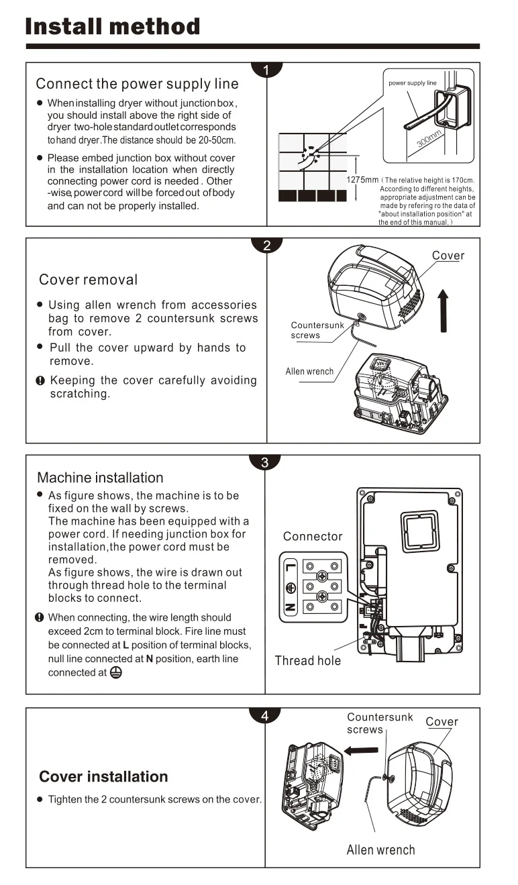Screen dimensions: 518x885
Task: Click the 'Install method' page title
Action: click(x=113, y=26)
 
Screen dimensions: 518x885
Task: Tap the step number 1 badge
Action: click(x=266, y=70)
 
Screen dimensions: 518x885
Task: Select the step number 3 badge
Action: click(x=265, y=462)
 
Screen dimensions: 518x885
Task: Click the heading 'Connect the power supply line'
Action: click(x=137, y=84)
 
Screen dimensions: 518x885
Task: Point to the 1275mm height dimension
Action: click(x=362, y=180)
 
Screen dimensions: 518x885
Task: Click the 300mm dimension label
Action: click(x=429, y=138)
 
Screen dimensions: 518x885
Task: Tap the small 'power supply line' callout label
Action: click(x=413, y=83)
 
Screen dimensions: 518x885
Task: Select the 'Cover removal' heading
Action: click(x=88, y=280)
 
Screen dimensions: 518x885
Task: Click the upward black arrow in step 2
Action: click(x=444, y=311)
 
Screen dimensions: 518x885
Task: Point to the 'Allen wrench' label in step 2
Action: click(x=309, y=372)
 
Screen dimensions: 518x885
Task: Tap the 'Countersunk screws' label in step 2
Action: click(x=317, y=330)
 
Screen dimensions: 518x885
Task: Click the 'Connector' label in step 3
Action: click(x=313, y=536)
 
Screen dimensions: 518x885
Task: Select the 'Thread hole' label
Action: click(x=308, y=661)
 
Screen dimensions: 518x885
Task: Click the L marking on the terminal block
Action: click(x=290, y=568)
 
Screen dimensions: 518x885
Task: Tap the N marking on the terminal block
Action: click(x=290, y=607)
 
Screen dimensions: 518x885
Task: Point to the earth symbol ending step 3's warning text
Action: click(x=116, y=673)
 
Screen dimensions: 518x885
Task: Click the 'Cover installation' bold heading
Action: click(x=103, y=777)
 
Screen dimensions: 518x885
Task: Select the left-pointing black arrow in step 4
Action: click(x=361, y=750)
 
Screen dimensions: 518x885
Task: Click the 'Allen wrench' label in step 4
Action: click(x=381, y=850)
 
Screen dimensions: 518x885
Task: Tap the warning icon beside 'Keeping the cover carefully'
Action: click(x=40, y=380)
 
